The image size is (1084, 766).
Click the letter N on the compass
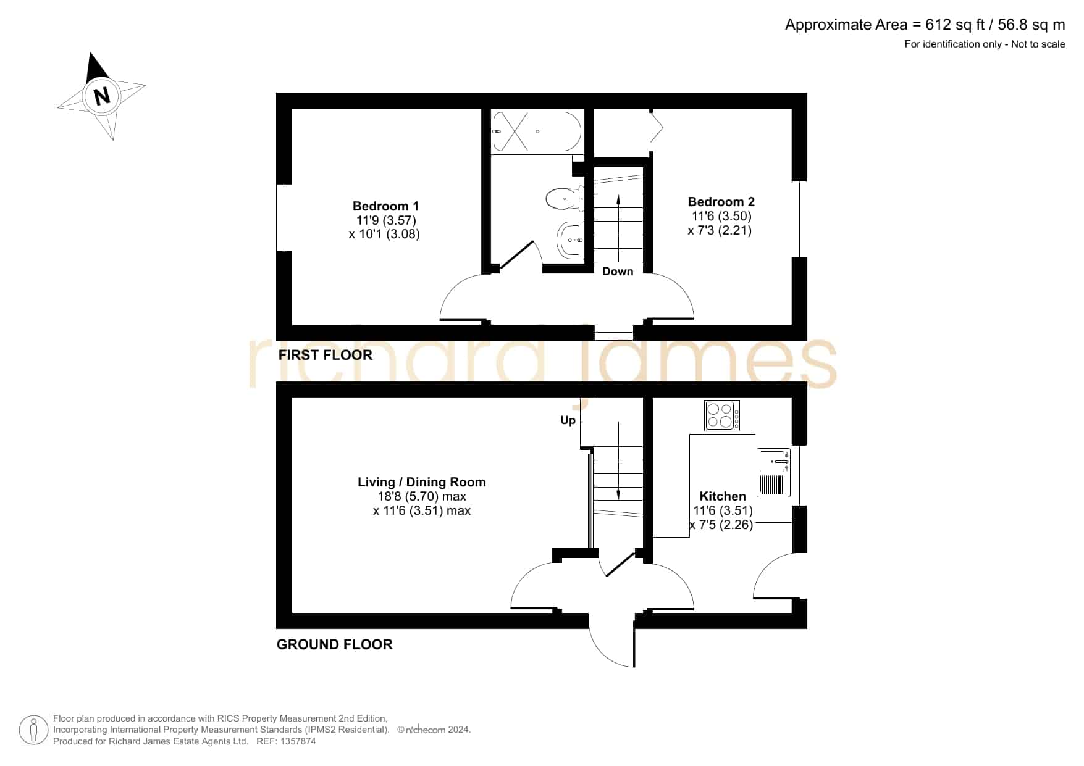(102, 96)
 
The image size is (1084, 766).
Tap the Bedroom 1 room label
(385, 206)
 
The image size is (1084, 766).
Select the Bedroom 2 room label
(721, 202)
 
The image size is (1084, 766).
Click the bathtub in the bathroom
(537, 131)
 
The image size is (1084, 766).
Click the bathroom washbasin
(570, 239)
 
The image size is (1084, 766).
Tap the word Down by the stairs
(618, 272)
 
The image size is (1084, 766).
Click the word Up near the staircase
(568, 420)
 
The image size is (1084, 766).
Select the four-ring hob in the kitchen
(722, 415)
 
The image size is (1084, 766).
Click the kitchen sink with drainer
(774, 473)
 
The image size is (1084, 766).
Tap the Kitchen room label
(722, 496)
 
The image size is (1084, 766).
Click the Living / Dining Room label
(422, 482)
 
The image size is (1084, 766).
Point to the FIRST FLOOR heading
(326, 355)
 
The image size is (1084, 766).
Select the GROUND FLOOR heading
(335, 644)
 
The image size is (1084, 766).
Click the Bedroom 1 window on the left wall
(284, 217)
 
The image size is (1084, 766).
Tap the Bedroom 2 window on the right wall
(799, 219)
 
